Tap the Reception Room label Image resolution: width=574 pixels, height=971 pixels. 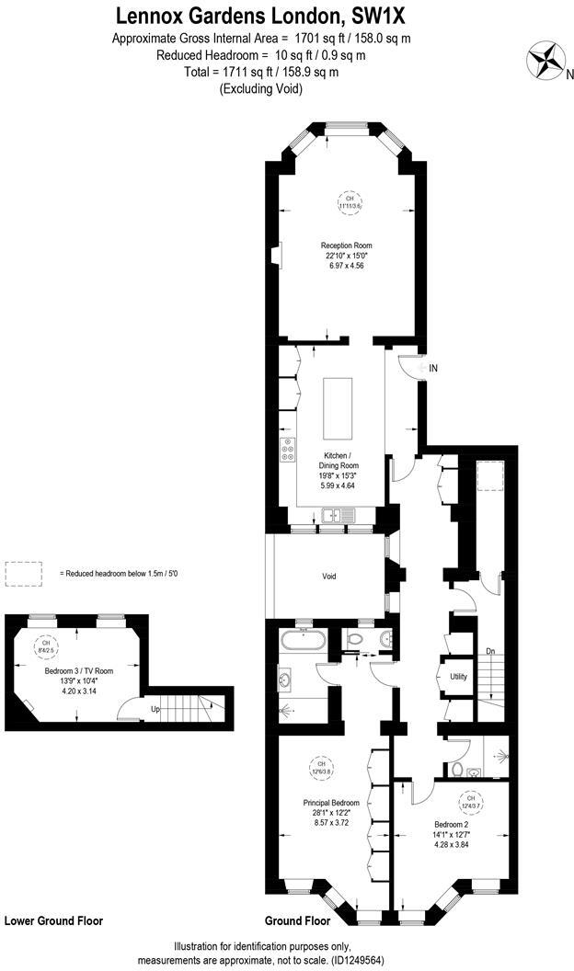[346, 246]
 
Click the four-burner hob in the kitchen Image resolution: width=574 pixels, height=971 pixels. [289, 449]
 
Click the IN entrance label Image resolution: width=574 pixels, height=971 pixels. [433, 368]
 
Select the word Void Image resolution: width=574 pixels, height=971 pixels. [328, 577]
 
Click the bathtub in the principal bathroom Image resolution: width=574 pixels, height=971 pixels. [302, 640]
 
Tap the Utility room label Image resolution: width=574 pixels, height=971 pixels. [458, 676]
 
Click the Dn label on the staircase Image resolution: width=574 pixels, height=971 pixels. [490, 651]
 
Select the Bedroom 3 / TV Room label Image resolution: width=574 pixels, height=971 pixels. [78, 671]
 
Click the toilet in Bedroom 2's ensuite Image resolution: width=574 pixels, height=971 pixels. [457, 768]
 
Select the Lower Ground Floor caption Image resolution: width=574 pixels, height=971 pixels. [53, 920]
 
